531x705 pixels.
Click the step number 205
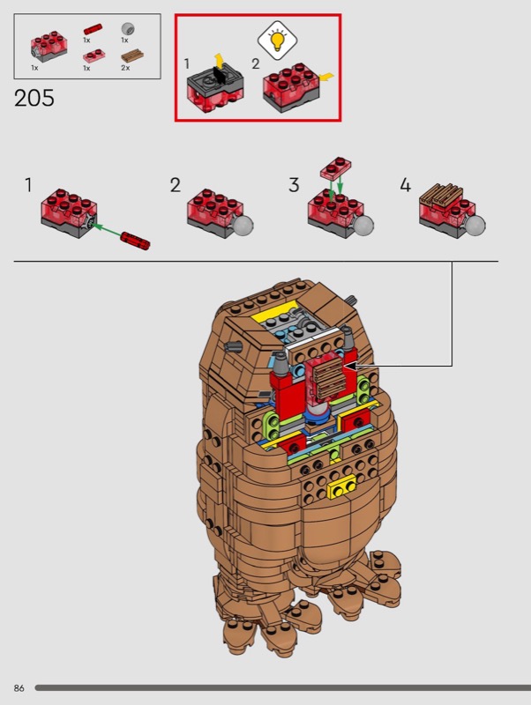(34, 98)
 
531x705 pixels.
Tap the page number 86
(19, 688)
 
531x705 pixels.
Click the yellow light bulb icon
(277, 40)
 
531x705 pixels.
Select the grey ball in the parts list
(128, 29)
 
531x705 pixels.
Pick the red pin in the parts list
(93, 30)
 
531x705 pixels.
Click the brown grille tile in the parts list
(132, 56)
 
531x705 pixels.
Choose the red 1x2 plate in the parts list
(94, 56)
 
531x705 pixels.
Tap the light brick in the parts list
(49, 47)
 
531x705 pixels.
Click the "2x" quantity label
(125, 68)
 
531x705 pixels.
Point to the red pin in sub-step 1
(135, 241)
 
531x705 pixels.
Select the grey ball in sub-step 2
(242, 226)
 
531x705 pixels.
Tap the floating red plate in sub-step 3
(336, 167)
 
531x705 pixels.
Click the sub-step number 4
(405, 185)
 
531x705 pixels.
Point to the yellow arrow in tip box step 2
(326, 77)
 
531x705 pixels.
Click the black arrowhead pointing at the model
(349, 366)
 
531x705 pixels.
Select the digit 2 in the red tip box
(256, 63)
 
